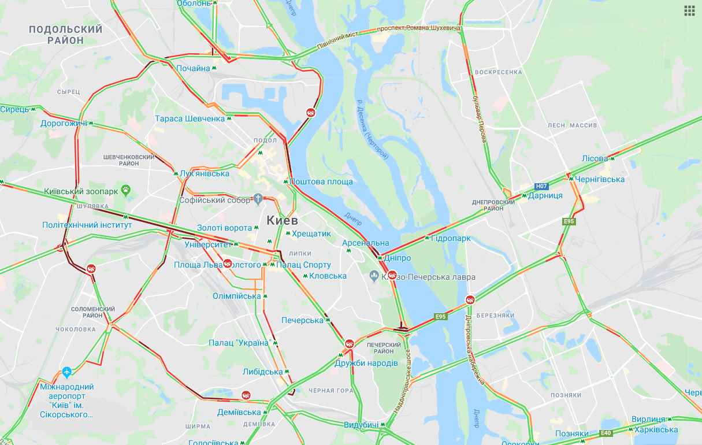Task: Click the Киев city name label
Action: click(282, 220)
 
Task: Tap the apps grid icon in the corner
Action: click(689, 10)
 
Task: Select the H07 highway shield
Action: click(541, 186)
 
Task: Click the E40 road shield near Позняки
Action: click(606, 433)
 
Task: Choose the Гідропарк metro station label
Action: click(451, 238)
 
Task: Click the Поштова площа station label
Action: click(321, 181)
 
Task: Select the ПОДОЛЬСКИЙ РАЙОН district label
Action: click(65, 35)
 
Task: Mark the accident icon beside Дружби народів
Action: click(350, 344)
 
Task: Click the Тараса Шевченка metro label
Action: click(190, 118)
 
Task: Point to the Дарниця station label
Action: click(545, 196)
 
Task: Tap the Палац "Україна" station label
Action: click(240, 343)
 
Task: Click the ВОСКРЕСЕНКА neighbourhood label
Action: click(498, 72)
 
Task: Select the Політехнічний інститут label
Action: click(87, 225)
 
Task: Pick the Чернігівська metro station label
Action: click(600, 179)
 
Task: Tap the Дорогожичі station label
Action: click(63, 123)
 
